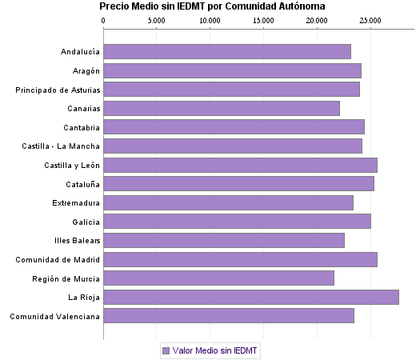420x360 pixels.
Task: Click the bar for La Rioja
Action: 251,297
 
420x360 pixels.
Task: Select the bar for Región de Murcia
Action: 218,278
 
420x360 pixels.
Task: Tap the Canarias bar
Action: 222,108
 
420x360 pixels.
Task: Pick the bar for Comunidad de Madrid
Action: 240,259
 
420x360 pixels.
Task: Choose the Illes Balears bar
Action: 224,240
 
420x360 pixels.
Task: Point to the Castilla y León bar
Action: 240,165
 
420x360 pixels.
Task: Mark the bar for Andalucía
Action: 227,52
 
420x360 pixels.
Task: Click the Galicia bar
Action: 237,222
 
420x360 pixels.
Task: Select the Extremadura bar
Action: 228,202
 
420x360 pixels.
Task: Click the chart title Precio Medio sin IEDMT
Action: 212,6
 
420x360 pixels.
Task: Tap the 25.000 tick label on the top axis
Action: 370,19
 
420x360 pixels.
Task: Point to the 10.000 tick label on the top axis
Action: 210,19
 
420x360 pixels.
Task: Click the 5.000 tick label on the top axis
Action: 156,19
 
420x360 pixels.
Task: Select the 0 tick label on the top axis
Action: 104,19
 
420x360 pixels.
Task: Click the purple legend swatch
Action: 166,350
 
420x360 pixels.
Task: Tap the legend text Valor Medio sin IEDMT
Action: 216,350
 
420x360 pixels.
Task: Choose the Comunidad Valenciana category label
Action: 55,316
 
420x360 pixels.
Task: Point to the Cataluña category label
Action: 81,184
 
